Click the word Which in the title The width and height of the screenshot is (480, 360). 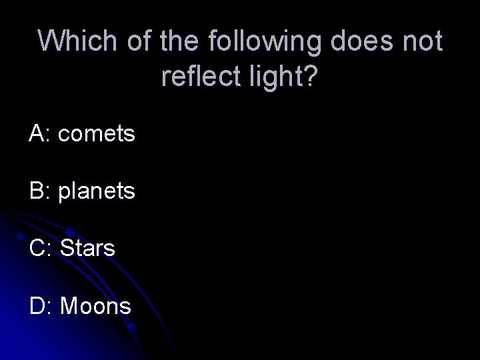point(75,41)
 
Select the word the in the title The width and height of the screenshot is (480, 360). point(181,41)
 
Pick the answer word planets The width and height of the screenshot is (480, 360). point(97,193)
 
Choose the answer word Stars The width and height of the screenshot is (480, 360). point(87,249)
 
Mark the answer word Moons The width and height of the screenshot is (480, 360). point(95,306)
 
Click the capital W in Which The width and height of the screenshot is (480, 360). point(51,41)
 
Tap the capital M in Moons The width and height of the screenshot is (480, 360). point(68,306)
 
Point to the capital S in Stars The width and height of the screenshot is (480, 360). point(66,249)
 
